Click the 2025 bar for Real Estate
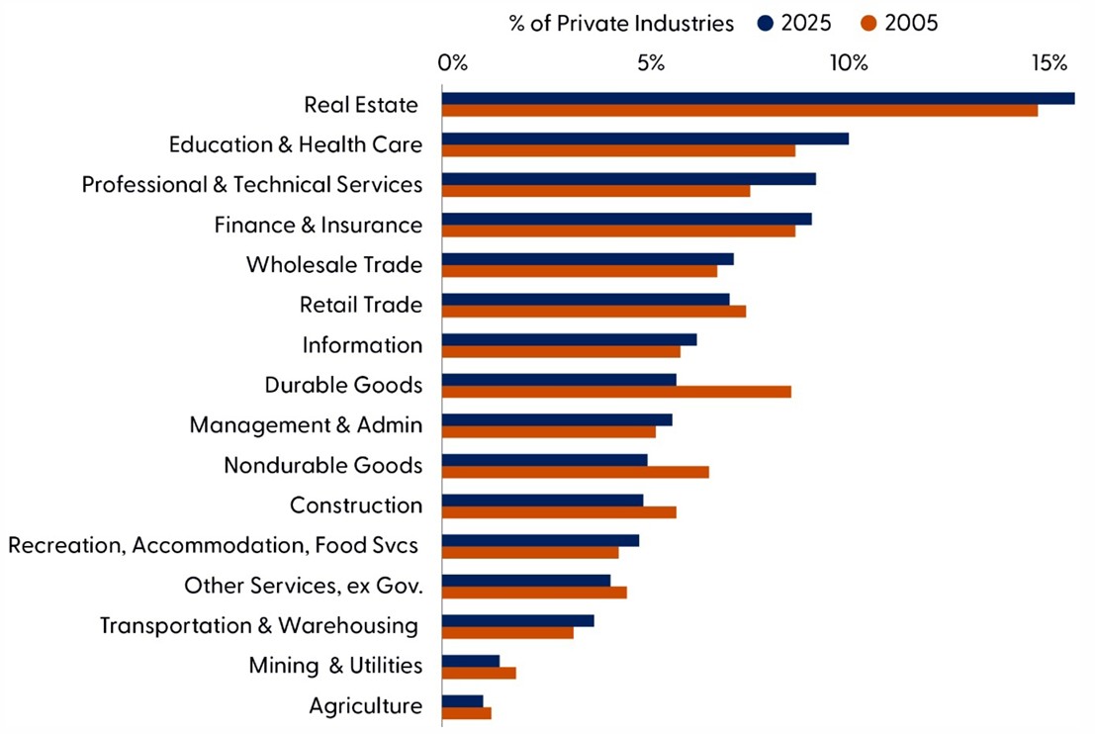[758, 98]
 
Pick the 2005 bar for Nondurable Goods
[575, 472]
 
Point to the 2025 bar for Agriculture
[462, 700]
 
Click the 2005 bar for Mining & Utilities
[479, 673]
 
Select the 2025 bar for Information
[569, 339]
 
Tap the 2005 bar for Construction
[559, 511]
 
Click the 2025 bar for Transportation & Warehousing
[517, 620]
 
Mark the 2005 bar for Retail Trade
[593, 311]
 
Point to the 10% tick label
[848, 64]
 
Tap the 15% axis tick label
[1048, 64]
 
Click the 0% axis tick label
[452, 64]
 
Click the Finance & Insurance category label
[319, 226]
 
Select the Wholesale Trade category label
[334, 265]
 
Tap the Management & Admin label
[306, 425]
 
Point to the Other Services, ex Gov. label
[304, 586]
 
